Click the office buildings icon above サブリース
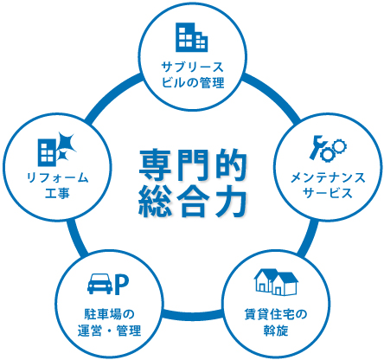point(192,37)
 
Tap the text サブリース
point(192,67)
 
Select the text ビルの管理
point(192,83)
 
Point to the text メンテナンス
point(328,177)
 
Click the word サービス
point(328,193)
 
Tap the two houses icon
point(276,282)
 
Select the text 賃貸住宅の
point(276,314)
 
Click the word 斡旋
point(276,330)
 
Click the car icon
point(99,284)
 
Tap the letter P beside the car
point(121,286)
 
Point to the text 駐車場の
point(109,314)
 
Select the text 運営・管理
point(109,331)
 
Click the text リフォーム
point(57,178)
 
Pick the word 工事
point(57,193)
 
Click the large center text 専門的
point(193,165)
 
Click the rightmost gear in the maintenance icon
point(340,147)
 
